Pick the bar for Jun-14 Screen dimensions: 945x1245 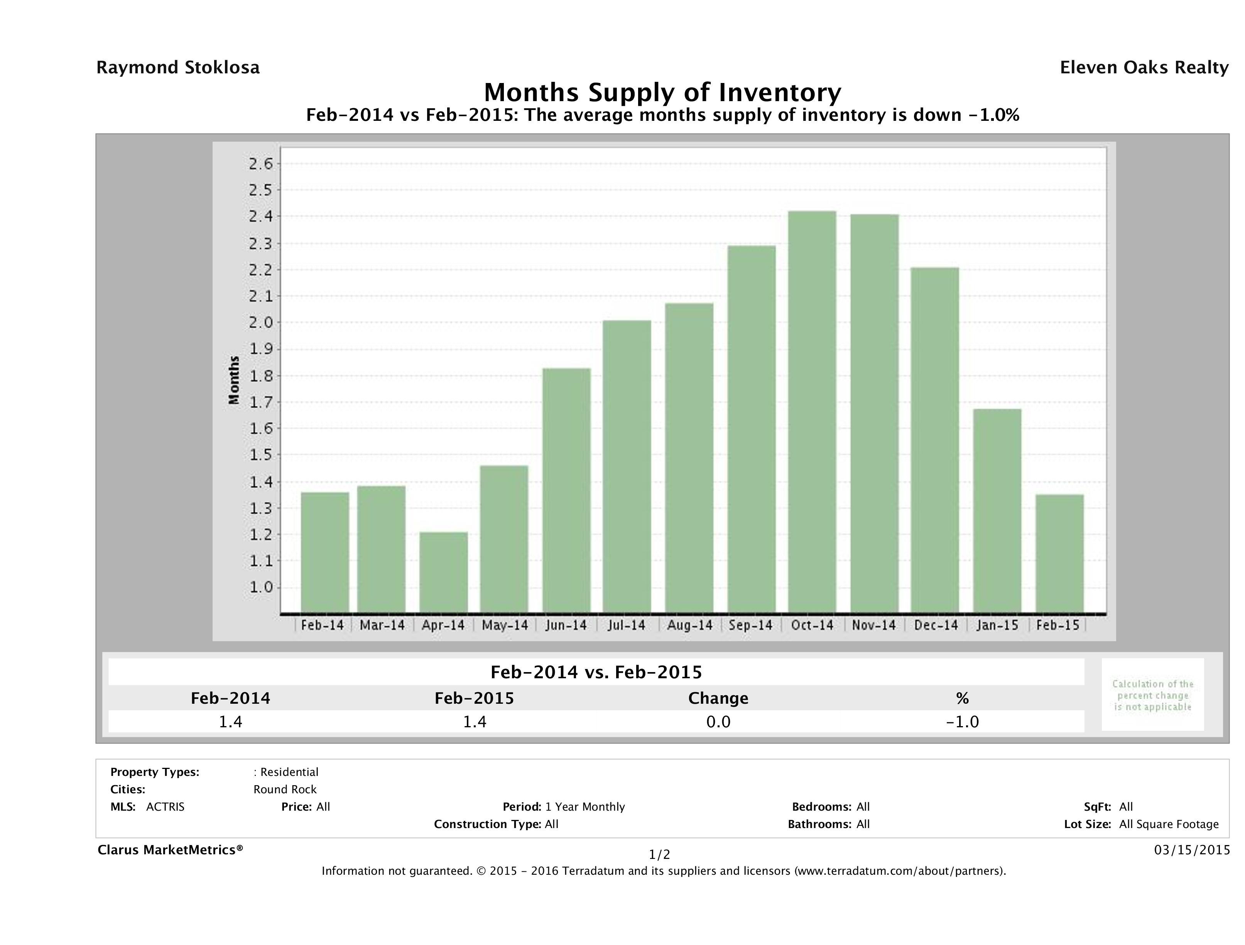click(x=566, y=491)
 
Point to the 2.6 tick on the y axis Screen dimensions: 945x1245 click(x=260, y=164)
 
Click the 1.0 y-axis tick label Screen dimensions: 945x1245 click(x=260, y=588)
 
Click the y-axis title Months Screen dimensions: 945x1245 click(x=234, y=380)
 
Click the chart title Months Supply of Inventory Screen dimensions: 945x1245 click(x=662, y=92)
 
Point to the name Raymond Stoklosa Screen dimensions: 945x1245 click(x=178, y=68)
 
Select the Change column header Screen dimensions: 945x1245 click(x=718, y=698)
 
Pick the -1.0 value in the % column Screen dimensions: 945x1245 click(x=963, y=722)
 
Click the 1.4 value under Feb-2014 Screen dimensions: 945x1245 click(x=230, y=722)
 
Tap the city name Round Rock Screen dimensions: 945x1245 click(x=285, y=789)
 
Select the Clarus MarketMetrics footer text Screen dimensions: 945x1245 click(x=170, y=850)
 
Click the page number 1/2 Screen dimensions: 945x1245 click(x=660, y=855)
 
